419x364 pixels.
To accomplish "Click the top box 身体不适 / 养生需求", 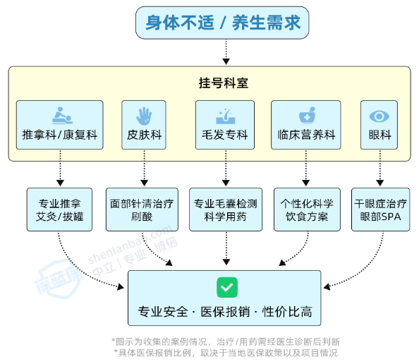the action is [x=222, y=23].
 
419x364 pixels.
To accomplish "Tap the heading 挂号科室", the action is [x=224, y=83].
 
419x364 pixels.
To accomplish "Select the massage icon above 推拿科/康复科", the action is [x=62, y=116].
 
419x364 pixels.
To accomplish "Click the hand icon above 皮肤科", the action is [x=144, y=116].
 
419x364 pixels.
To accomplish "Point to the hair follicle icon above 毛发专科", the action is [x=225, y=116].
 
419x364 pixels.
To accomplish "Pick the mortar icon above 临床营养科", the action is [x=308, y=116].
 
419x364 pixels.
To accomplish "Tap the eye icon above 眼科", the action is [x=379, y=116].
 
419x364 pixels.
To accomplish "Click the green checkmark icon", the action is [x=227, y=287].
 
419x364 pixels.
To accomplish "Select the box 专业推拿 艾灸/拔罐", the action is [x=59, y=210].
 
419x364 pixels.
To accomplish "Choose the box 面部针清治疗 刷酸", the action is [x=142, y=210].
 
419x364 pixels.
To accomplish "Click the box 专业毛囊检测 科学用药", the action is [x=226, y=210].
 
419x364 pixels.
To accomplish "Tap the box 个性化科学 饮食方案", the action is [x=307, y=210].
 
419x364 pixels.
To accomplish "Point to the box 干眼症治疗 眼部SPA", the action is [x=380, y=210].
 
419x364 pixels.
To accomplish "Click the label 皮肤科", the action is [x=145, y=135].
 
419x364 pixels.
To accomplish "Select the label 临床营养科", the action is [x=306, y=135].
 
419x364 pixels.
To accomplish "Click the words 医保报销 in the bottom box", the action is [x=225, y=312].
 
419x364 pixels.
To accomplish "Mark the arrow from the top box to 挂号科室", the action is [x=226, y=51].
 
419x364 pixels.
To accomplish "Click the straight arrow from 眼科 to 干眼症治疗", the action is [x=380, y=168].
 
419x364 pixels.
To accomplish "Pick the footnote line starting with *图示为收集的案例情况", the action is [x=226, y=341].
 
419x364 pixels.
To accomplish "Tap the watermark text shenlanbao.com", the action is [x=130, y=245].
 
